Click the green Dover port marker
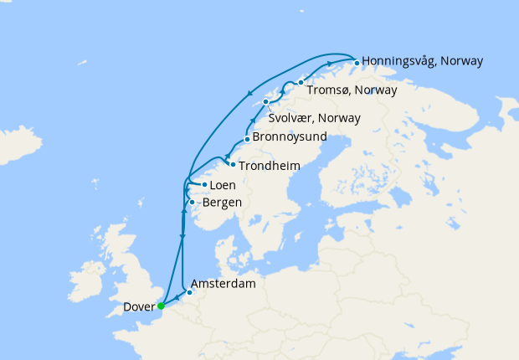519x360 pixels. click(161, 306)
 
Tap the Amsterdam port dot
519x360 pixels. click(190, 292)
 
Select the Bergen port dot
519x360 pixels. click(192, 202)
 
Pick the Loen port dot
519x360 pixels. click(204, 184)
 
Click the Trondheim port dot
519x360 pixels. click(232, 164)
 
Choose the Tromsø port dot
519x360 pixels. click(300, 83)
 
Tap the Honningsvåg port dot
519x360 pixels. click(357, 63)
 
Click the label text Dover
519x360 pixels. click(138, 306)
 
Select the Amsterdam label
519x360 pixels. click(223, 284)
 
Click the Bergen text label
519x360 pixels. click(222, 203)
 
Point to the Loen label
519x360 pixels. click(223, 185)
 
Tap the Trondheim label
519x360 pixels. click(269, 166)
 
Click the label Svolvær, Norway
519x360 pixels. click(315, 117)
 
